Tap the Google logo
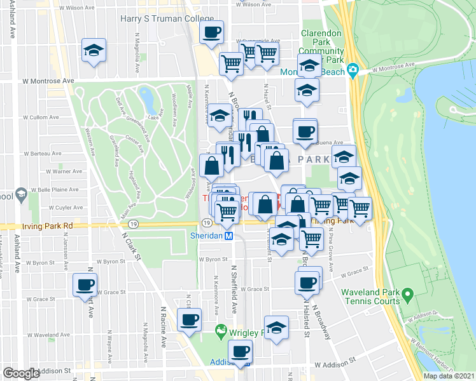pos(21,373)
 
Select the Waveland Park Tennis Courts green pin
pos(410,294)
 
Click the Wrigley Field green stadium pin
pos(221,331)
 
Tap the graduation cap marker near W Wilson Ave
pos(94,51)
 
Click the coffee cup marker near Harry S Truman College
pos(212,32)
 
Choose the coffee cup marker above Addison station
pos(241,351)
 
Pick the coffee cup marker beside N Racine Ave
pos(189,320)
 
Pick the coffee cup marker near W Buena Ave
pos(305,131)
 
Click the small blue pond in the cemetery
pos(146,98)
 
